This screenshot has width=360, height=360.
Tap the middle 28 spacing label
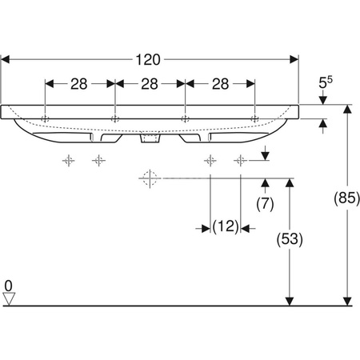click(x=150, y=83)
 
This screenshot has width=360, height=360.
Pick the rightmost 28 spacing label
click(x=220, y=83)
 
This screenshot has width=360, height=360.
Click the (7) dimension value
click(x=265, y=203)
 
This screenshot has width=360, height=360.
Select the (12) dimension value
click(x=226, y=228)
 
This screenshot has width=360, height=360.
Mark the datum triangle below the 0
click(x=9, y=299)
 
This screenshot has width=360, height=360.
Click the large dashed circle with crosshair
click(x=147, y=178)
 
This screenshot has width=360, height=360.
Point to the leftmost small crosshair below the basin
click(x=69, y=161)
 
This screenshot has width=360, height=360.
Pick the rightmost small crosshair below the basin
click(x=239, y=161)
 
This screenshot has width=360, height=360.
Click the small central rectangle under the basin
click(x=150, y=139)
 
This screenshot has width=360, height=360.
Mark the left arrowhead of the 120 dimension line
click(x=6, y=59)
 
